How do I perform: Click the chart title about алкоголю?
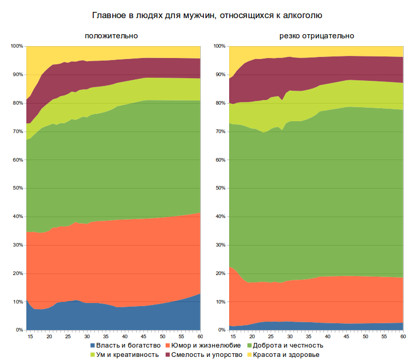(x=206, y=16)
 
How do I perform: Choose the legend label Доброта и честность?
(x=289, y=345)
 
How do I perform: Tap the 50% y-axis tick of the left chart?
(x=17, y=188)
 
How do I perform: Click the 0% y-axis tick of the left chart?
(x=19, y=330)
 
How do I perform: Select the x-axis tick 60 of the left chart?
(x=200, y=336)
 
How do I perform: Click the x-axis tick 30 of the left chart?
(x=87, y=336)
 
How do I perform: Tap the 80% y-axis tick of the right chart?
(x=220, y=103)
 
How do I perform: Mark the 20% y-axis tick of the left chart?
(x=17, y=273)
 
